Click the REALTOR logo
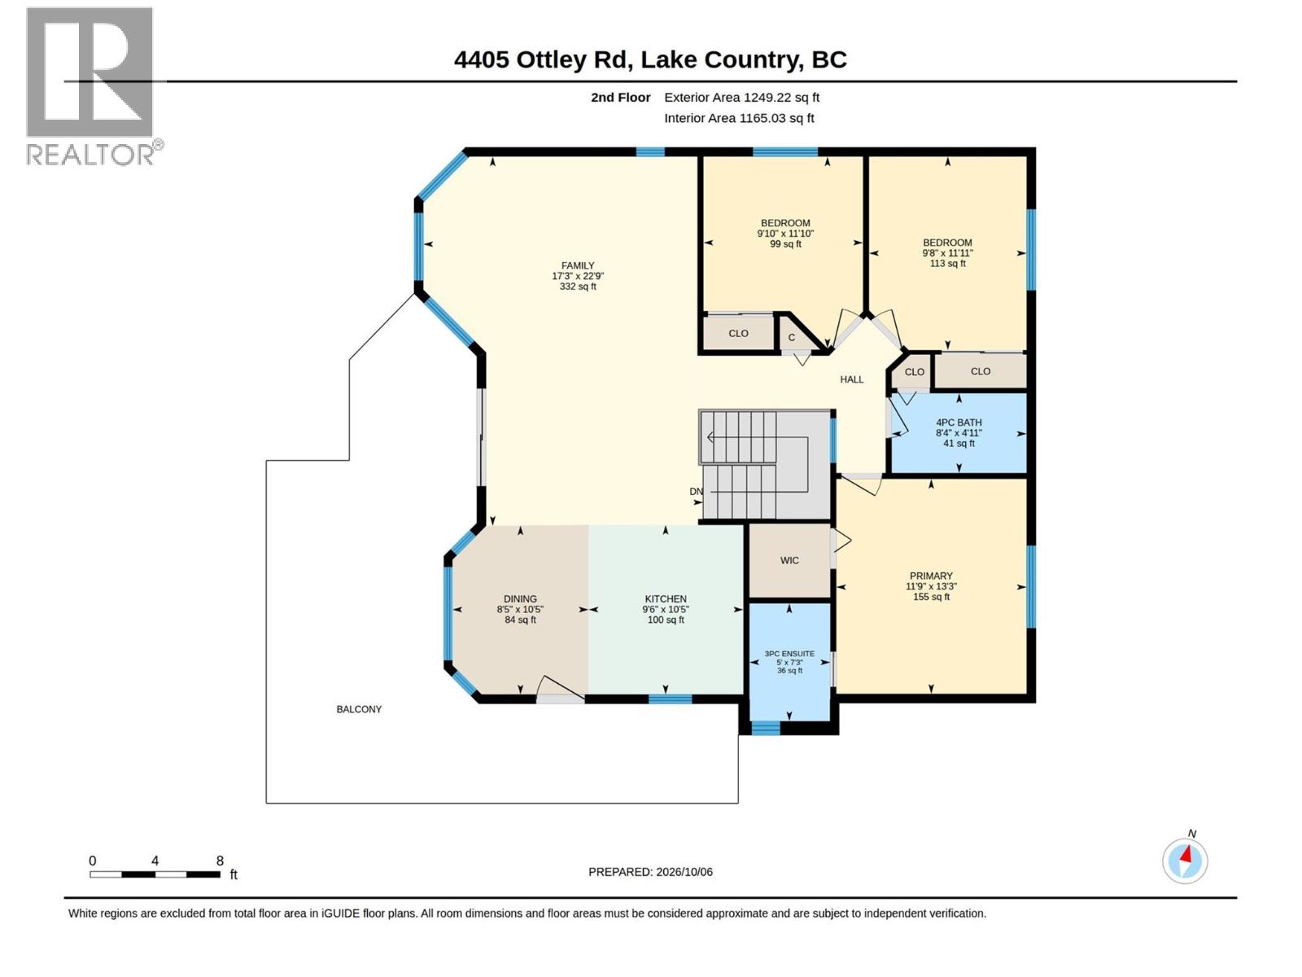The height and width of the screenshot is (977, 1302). pyautogui.click(x=94, y=86)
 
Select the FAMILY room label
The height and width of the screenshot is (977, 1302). pyautogui.click(x=578, y=276)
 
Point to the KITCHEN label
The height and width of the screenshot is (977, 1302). pyautogui.click(x=666, y=609)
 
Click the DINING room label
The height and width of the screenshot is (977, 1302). pyautogui.click(x=520, y=609)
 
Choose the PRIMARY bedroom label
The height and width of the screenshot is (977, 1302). pyautogui.click(x=931, y=586)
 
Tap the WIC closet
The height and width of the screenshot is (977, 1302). pyautogui.click(x=789, y=561)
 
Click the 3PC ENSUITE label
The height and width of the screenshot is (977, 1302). pyautogui.click(x=789, y=662)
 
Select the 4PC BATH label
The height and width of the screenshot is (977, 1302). pyautogui.click(x=959, y=433)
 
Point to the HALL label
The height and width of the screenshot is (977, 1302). pyautogui.click(x=852, y=379)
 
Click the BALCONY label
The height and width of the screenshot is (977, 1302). pyautogui.click(x=359, y=709)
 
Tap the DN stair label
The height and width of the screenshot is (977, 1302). pyautogui.click(x=696, y=492)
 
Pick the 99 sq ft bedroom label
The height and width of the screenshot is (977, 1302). pyautogui.click(x=785, y=233)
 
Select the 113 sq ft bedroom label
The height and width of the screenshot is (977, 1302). pyautogui.click(x=947, y=252)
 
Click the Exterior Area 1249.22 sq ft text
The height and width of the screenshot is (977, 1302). pyautogui.click(x=741, y=97)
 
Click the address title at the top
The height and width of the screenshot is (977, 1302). pyautogui.click(x=650, y=60)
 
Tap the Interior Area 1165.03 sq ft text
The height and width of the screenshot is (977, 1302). pyautogui.click(x=739, y=118)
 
